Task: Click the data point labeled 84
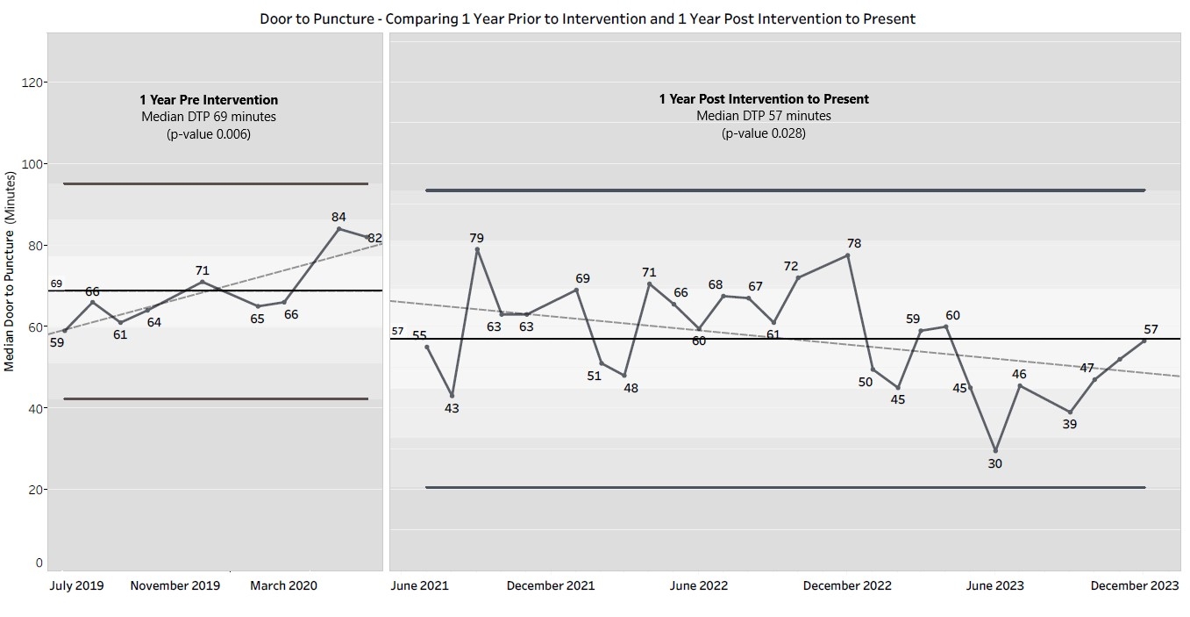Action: (339, 228)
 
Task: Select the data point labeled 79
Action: (477, 249)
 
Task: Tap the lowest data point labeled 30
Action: (995, 450)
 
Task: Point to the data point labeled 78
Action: (848, 255)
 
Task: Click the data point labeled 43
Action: (452, 395)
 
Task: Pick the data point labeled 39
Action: (1070, 412)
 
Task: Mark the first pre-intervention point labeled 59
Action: (65, 330)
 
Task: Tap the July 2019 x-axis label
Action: (76, 585)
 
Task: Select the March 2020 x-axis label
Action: (283, 585)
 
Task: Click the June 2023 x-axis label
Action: (994, 585)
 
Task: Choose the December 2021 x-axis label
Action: (551, 585)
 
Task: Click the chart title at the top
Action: (588, 18)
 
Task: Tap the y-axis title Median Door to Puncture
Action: (10, 272)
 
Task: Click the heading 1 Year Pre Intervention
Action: (209, 100)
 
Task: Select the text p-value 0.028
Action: (764, 133)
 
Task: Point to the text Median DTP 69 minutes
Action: (209, 117)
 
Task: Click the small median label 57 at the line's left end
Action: (397, 331)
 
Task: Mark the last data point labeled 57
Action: (1144, 340)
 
